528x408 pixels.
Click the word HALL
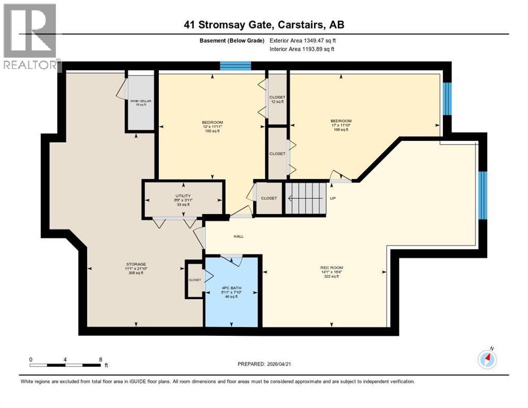[239, 236]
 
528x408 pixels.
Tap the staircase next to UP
[305, 198]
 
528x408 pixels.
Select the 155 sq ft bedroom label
[212, 126]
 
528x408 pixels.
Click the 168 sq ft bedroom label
[340, 125]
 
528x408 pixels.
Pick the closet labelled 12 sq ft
[277, 99]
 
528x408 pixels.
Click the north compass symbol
[487, 360]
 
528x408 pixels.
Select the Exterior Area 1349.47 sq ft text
[303, 40]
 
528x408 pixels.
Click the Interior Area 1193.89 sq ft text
[302, 49]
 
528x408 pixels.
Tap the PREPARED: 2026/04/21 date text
[265, 364]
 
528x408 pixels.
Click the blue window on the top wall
[235, 66]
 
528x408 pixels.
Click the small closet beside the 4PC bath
[194, 279]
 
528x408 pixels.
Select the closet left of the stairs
[269, 198]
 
